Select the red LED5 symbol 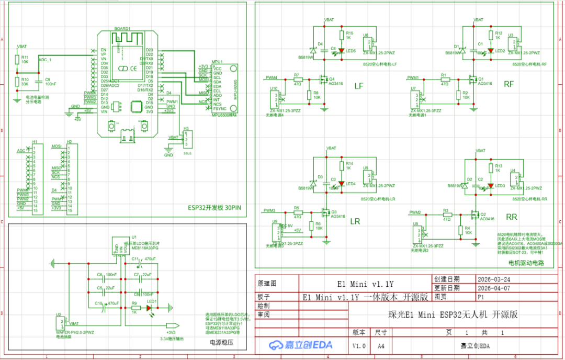342,51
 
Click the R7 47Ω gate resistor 297,80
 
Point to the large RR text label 511,217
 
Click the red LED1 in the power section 152,308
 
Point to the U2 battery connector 62,322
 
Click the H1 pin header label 34,142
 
